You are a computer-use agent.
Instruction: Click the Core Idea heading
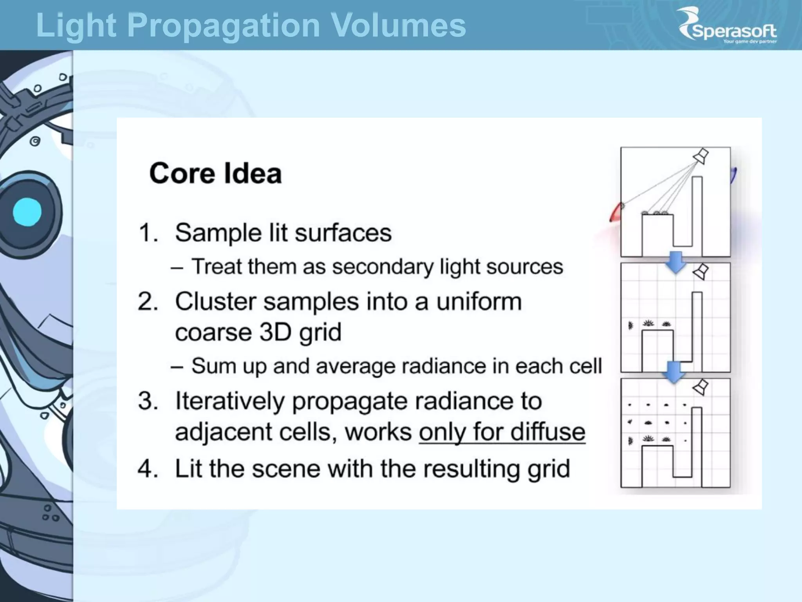[x=215, y=173]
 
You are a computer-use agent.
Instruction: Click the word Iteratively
[x=230, y=401]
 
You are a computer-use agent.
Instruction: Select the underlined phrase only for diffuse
[x=502, y=432]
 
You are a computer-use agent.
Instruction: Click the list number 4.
[x=147, y=469]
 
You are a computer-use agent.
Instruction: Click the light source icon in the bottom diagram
[x=701, y=387]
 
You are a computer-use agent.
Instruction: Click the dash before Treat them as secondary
[x=177, y=268]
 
